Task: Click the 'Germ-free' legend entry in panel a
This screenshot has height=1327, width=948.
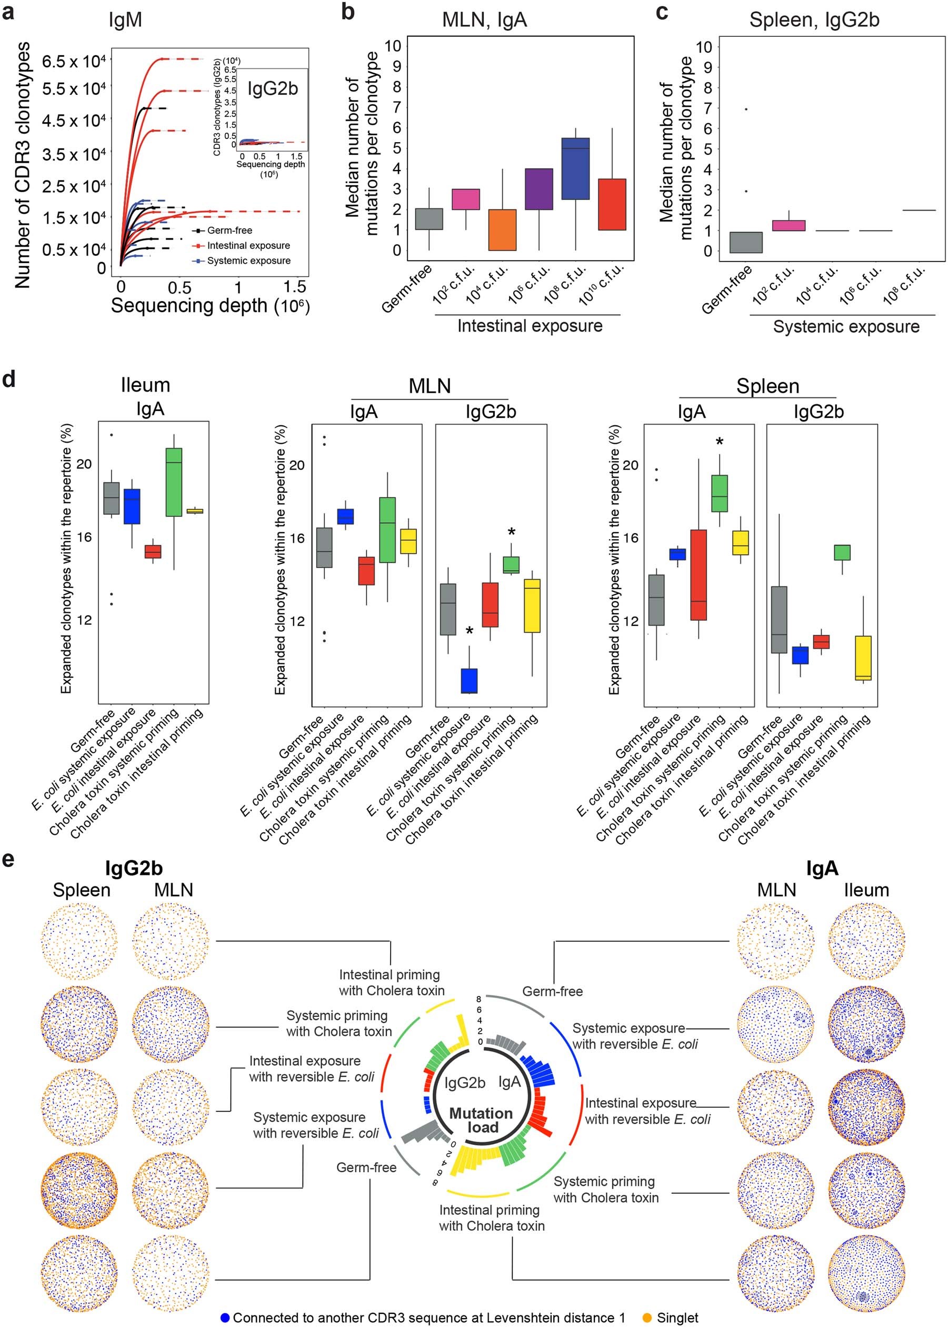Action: coord(229,231)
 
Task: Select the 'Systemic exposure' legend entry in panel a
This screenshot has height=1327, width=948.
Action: coord(248,261)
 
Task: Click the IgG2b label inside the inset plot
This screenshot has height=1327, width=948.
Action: coord(273,89)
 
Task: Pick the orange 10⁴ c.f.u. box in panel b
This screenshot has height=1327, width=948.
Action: coord(502,230)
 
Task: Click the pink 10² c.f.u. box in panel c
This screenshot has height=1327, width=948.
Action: coord(789,226)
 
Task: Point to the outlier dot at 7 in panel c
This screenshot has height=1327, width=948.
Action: coord(745,109)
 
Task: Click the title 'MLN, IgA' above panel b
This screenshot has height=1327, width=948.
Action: coord(484,21)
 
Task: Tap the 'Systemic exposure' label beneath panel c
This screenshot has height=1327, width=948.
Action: coord(846,327)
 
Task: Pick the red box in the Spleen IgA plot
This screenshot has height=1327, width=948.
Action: coord(698,575)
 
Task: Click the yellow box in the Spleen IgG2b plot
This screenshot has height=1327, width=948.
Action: coord(863,658)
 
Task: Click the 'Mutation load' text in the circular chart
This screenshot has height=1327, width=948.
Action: coord(481,1121)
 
